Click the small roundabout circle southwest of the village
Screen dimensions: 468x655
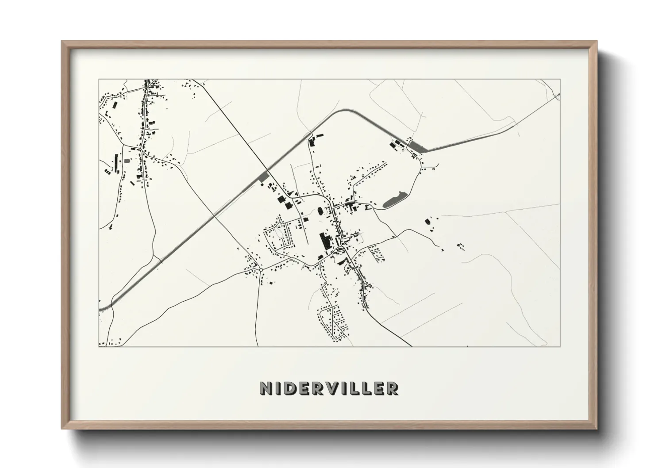click(x=261, y=269)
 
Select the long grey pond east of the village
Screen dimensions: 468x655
click(x=394, y=200)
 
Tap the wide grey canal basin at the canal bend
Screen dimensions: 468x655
click(x=417, y=147)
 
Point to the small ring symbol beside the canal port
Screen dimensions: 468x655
click(x=403, y=150)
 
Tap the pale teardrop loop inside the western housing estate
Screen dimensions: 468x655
click(x=278, y=231)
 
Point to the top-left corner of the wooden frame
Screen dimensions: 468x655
click(x=62, y=42)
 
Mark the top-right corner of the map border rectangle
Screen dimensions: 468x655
click(x=560, y=79)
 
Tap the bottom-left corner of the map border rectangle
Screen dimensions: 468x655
click(x=99, y=346)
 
